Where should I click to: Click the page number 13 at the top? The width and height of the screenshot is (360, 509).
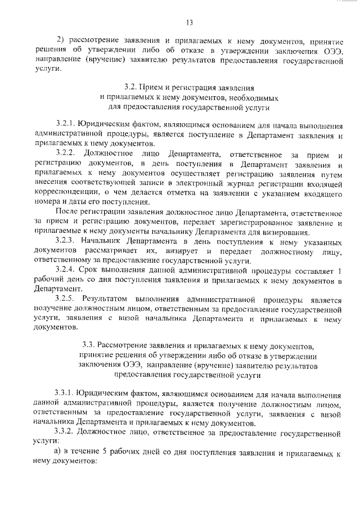coord(189,22)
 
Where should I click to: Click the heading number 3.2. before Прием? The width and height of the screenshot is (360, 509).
coord(129,88)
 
